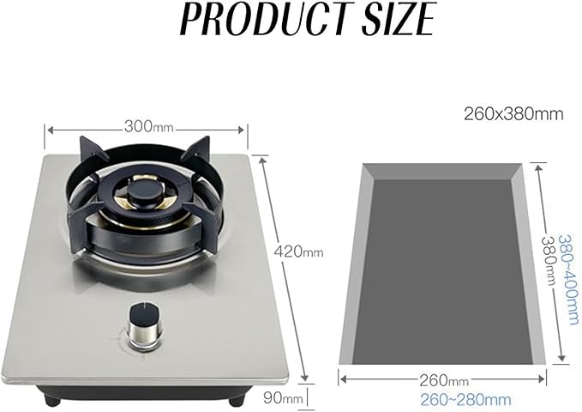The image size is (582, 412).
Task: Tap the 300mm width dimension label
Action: [149, 127]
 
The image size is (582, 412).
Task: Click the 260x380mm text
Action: [513, 113]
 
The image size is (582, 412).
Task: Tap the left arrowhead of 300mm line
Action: [49, 130]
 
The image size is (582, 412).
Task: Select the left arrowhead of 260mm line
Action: [342, 378]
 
